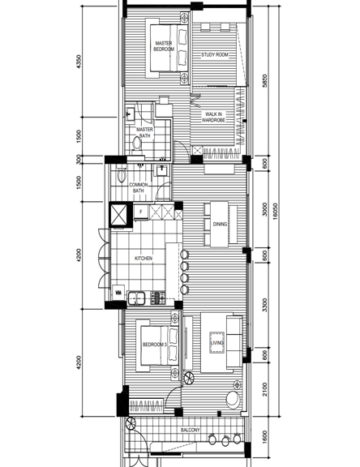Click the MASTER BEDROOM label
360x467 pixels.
click(164, 46)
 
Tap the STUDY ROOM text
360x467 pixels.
click(215, 55)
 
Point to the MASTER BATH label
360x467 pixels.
click(144, 132)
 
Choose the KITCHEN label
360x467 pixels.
click(144, 258)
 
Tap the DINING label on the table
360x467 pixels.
click(220, 224)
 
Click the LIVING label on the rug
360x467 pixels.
click(216, 344)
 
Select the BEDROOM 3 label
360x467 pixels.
click(153, 345)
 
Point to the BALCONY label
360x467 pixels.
click(190, 431)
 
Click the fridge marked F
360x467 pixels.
click(140, 213)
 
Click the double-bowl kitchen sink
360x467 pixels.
click(139, 297)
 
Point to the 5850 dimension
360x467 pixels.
click(264, 81)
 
